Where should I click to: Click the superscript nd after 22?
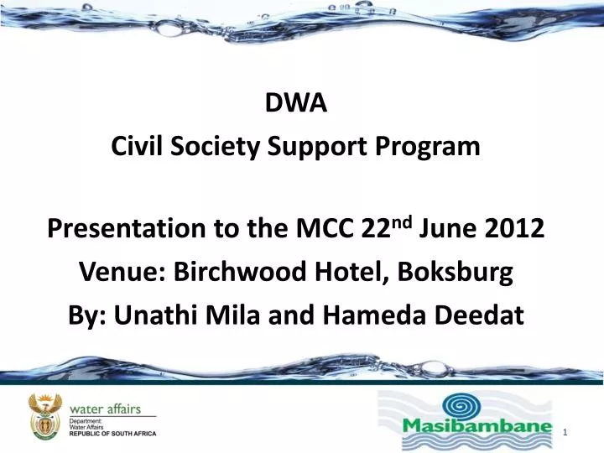coord(404,221)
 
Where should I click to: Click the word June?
coord(445,227)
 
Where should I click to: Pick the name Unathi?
coord(156,315)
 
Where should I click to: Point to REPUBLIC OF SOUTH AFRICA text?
coord(124,435)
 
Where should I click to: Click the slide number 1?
coord(568,431)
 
